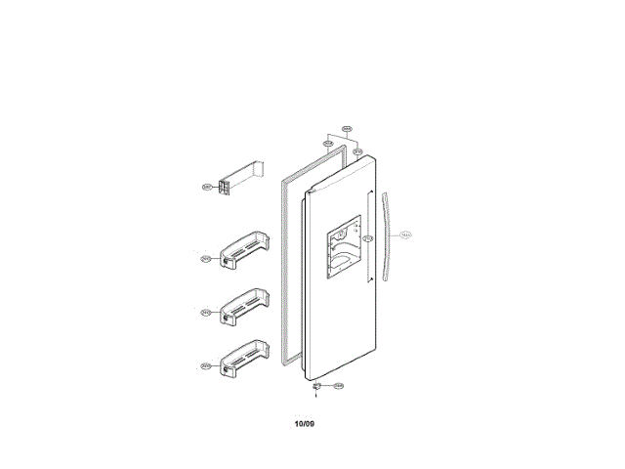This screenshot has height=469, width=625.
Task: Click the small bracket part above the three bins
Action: (x=234, y=181)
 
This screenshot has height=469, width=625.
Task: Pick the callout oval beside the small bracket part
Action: (x=206, y=186)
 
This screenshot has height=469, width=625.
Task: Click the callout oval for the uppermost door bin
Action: (x=206, y=259)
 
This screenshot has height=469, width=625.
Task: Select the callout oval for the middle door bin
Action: (x=206, y=313)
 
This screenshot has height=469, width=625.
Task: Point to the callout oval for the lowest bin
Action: (x=206, y=366)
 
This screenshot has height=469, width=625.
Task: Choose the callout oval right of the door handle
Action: (x=406, y=235)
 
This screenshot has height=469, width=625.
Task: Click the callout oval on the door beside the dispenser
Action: (x=367, y=237)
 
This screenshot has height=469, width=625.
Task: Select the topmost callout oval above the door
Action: (x=346, y=128)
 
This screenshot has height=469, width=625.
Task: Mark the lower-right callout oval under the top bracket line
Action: (x=358, y=151)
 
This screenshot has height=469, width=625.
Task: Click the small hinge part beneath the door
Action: (x=316, y=387)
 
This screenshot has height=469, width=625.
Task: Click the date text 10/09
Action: (x=305, y=423)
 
